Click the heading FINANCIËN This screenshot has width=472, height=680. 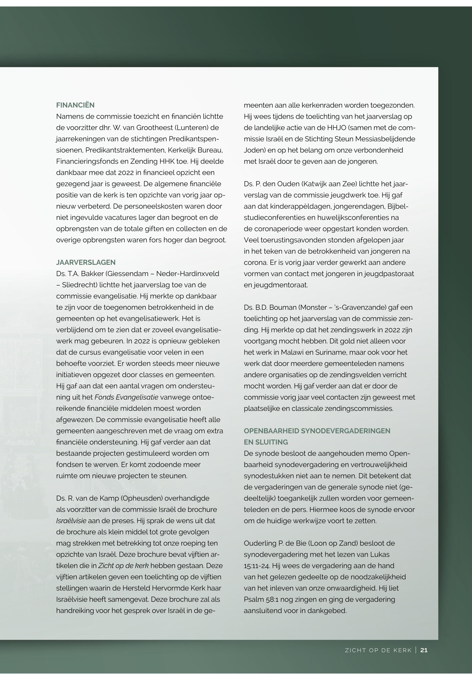point(75,105)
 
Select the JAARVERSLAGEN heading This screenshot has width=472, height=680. point(86,263)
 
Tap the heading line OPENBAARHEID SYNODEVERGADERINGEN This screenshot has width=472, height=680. point(317,431)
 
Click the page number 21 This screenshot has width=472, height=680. point(424,650)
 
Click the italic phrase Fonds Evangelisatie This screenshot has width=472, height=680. point(126,397)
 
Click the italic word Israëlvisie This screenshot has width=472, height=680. point(71,521)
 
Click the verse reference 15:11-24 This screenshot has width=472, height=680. point(256,566)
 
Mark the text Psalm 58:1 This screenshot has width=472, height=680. point(261,599)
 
